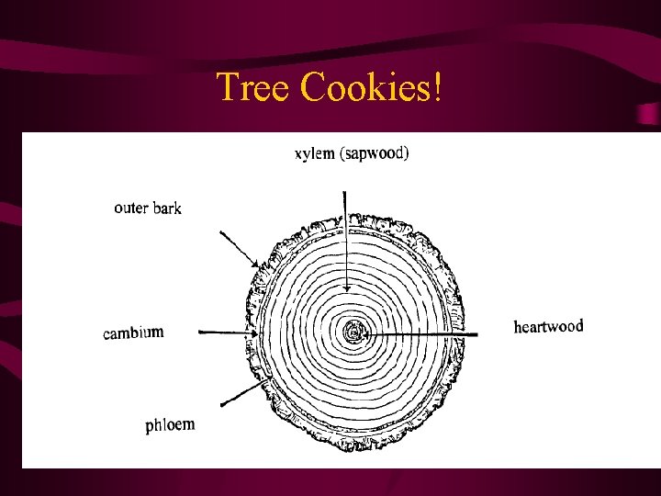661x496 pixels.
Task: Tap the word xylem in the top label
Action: point(315,153)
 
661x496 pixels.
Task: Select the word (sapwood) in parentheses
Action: point(375,153)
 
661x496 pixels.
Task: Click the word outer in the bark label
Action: point(130,208)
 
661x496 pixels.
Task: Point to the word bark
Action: point(167,209)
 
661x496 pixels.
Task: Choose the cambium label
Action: point(133,333)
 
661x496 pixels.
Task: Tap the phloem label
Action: point(170,424)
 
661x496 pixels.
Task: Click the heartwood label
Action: point(548,326)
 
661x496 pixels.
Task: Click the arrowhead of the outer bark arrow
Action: point(258,266)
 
